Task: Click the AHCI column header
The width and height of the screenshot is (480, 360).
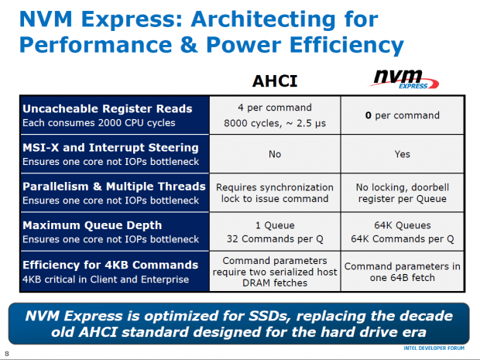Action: pyautogui.click(x=274, y=82)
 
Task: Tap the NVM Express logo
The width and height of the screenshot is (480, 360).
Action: pyautogui.click(x=401, y=80)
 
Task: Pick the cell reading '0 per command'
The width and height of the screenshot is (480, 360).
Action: pyautogui.click(x=402, y=116)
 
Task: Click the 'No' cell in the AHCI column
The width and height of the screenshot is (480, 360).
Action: pyautogui.click(x=274, y=154)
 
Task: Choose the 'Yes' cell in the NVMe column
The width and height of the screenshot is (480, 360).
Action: pyautogui.click(x=402, y=154)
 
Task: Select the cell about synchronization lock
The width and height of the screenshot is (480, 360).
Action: pyautogui.click(x=274, y=193)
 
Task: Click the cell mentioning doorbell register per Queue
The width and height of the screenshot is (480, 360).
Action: pyautogui.click(x=402, y=193)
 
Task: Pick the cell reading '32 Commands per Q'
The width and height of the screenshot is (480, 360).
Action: pyautogui.click(x=274, y=238)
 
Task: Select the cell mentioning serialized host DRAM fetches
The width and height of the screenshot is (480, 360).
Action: pyautogui.click(x=274, y=272)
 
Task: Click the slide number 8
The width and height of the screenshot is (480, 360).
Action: pyautogui.click(x=6, y=355)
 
